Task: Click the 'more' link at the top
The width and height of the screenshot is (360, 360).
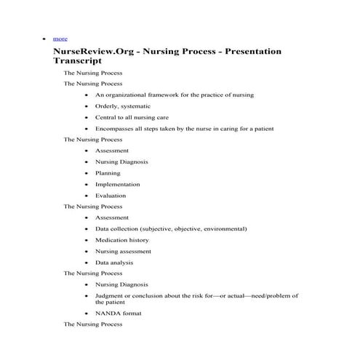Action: (x=60, y=37)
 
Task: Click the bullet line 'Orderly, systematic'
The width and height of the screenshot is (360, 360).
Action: (x=123, y=106)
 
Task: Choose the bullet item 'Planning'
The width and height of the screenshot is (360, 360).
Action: (x=108, y=173)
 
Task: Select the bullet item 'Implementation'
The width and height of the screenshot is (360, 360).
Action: (x=117, y=184)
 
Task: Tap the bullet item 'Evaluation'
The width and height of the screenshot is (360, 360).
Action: (x=110, y=195)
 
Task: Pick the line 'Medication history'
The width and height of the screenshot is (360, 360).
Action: (x=121, y=239)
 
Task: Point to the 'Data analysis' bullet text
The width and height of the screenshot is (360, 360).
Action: (x=113, y=262)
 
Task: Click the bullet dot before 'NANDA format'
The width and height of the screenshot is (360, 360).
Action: (x=87, y=313)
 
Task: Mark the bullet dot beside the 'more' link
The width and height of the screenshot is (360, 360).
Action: (x=45, y=37)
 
